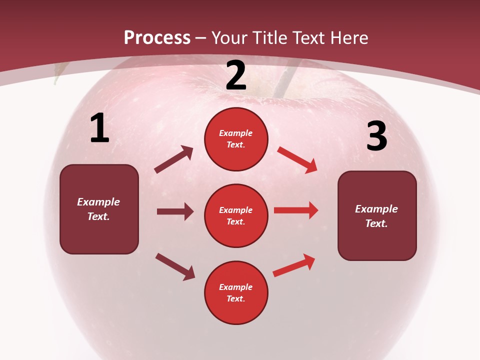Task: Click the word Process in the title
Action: (157, 38)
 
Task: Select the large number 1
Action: (99, 128)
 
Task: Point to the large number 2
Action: (236, 76)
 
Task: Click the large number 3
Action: (376, 136)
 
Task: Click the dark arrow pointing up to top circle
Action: (173, 159)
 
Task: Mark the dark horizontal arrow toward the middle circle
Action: (175, 211)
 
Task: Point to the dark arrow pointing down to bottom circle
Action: (175, 266)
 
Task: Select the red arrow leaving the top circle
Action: (297, 160)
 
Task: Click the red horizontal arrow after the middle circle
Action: (296, 210)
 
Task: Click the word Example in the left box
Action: (98, 202)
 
